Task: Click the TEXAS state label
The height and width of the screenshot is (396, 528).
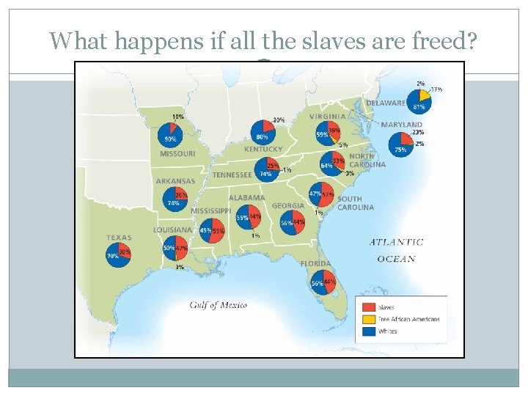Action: (x=119, y=238)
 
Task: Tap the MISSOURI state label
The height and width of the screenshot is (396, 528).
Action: (x=177, y=154)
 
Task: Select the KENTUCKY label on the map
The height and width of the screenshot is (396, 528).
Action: (x=263, y=150)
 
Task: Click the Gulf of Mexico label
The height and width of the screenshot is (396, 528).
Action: (x=218, y=305)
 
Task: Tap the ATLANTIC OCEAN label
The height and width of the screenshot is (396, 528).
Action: (x=396, y=250)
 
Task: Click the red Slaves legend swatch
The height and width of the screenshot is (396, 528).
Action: (x=369, y=307)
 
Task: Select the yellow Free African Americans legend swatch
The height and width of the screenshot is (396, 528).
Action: (x=369, y=319)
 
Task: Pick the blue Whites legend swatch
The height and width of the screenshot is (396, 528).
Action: (x=369, y=331)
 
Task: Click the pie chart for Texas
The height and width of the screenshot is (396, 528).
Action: (x=119, y=255)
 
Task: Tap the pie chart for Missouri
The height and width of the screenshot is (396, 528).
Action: (x=170, y=135)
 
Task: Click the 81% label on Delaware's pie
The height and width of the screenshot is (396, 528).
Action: (x=419, y=107)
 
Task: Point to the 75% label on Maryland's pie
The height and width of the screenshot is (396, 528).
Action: (x=400, y=150)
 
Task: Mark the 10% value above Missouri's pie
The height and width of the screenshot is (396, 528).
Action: (x=178, y=117)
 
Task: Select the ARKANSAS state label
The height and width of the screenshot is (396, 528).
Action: (x=175, y=181)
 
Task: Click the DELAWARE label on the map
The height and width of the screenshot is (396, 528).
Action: (x=386, y=103)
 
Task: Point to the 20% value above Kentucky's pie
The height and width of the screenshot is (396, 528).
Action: (x=279, y=120)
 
